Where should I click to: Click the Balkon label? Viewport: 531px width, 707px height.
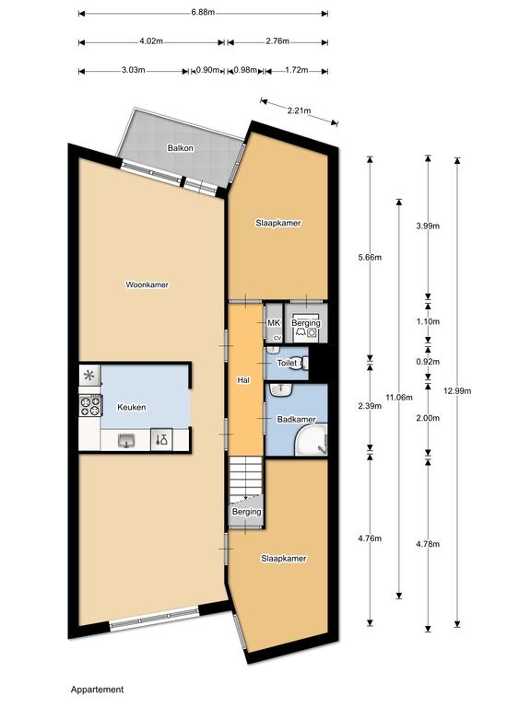click(179, 148)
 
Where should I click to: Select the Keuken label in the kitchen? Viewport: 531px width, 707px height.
click(131, 407)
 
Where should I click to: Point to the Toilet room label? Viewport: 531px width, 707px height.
click(289, 365)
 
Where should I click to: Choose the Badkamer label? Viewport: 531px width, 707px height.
click(297, 420)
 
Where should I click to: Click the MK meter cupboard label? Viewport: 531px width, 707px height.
click(273, 323)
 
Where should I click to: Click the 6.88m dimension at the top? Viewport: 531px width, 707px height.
click(203, 12)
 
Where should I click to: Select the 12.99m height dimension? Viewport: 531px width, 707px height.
click(458, 391)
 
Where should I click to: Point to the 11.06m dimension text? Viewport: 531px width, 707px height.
click(398, 397)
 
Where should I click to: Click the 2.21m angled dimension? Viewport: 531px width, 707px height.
click(299, 110)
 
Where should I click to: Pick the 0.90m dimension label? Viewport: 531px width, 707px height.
click(208, 70)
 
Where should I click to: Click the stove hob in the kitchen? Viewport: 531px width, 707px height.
click(90, 404)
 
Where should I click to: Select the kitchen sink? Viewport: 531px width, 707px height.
click(126, 440)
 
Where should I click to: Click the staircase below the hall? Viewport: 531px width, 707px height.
click(247, 479)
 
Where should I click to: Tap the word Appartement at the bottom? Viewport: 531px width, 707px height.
click(97, 689)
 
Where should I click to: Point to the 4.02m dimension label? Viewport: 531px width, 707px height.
click(151, 41)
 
